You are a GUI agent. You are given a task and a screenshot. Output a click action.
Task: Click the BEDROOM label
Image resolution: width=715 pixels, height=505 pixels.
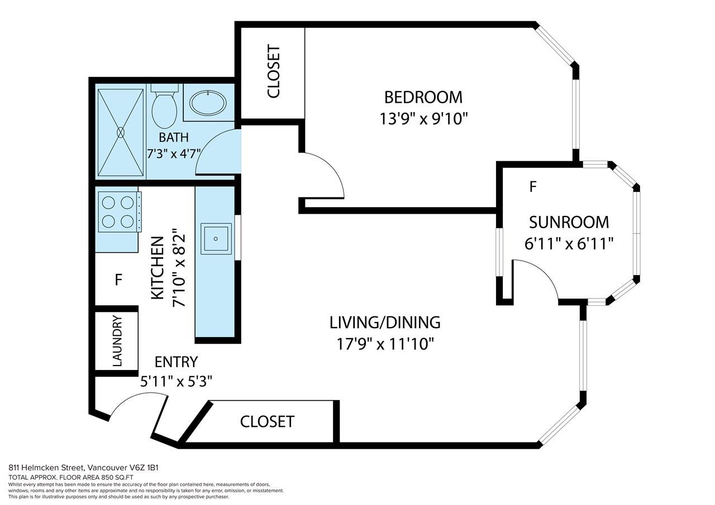click(x=423, y=98)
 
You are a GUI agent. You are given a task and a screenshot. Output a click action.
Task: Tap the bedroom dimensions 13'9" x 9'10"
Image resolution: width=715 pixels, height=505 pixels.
click(x=423, y=119)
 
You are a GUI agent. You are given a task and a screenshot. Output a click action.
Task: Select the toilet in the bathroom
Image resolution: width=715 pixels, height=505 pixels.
click(x=164, y=106)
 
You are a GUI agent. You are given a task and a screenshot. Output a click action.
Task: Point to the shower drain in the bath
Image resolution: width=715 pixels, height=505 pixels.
click(x=121, y=132)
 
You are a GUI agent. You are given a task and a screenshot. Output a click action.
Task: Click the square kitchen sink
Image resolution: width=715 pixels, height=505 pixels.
click(x=216, y=239)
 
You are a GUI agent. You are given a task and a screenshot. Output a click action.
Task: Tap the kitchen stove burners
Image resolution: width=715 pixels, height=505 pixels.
click(x=118, y=211)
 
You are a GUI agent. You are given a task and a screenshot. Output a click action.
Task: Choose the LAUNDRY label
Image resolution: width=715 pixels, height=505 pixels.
click(x=117, y=341)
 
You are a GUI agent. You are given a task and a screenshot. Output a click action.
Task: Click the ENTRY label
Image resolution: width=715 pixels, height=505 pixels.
click(x=176, y=362)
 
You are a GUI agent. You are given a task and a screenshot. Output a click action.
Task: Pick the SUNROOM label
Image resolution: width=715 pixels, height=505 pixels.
click(x=569, y=223)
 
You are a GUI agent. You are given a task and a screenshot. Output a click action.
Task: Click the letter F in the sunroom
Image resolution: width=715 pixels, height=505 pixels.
click(x=533, y=187)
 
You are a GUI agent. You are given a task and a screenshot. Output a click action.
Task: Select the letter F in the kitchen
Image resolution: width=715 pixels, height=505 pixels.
click(x=118, y=280)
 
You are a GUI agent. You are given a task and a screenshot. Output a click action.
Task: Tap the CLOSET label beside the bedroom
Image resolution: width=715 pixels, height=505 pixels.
click(x=274, y=72)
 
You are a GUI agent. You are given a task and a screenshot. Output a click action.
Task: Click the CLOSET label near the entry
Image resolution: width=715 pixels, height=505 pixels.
click(x=267, y=422)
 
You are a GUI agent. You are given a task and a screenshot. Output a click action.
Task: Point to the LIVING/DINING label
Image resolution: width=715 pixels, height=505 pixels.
click(x=385, y=323)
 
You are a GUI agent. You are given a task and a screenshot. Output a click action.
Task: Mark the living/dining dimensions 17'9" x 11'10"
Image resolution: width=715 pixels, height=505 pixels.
click(x=385, y=344)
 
